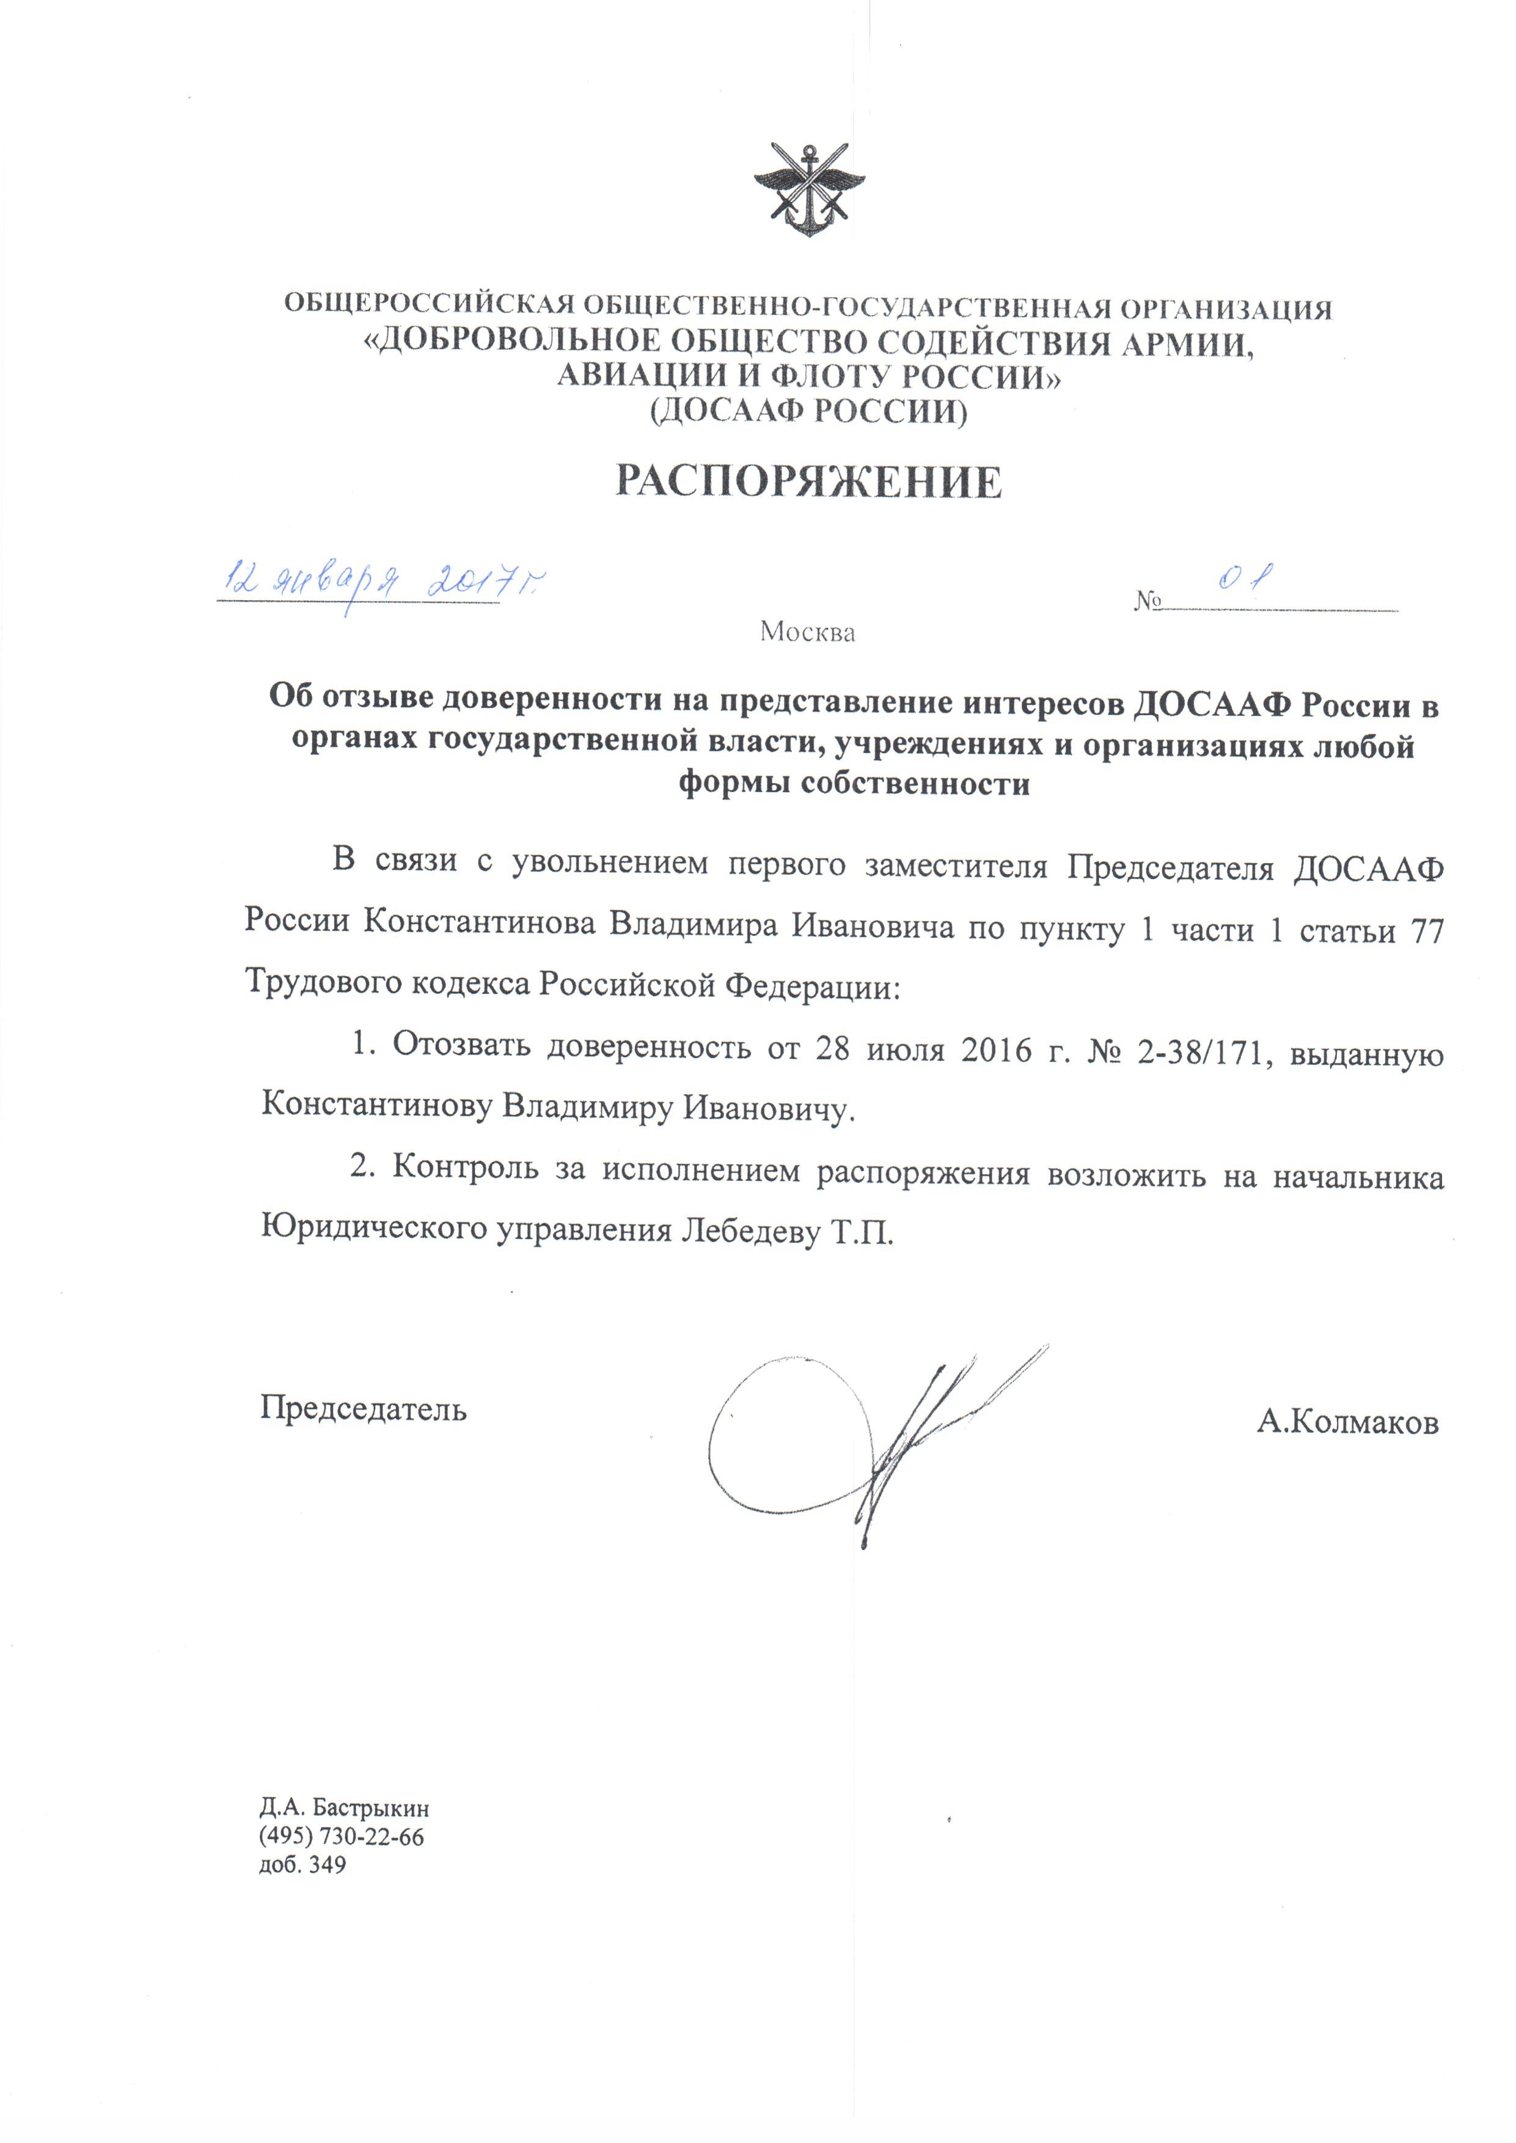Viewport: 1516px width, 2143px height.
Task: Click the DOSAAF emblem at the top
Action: coord(808,189)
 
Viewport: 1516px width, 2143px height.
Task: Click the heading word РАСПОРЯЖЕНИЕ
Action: coord(808,482)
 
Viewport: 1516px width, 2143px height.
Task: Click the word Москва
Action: coord(807,632)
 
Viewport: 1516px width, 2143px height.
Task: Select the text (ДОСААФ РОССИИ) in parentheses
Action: coord(808,411)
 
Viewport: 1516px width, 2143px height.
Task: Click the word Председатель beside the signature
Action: coord(363,1407)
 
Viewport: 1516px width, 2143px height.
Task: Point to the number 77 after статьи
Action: coord(1427,931)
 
